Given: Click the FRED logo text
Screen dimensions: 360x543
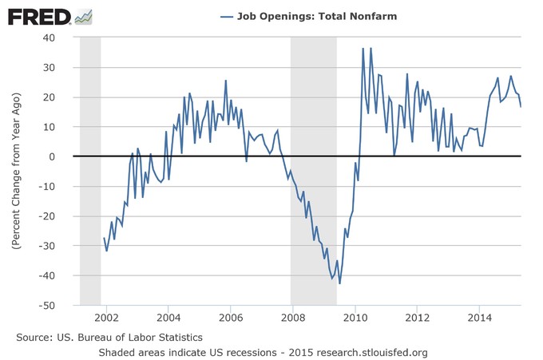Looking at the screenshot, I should coord(38,16).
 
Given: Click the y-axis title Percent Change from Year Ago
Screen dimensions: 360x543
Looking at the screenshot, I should coord(17,172).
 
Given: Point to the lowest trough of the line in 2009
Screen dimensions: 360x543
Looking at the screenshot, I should coord(340,283).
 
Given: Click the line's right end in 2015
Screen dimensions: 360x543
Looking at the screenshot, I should coord(521,106).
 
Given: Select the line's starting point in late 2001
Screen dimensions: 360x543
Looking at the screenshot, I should coord(104,238).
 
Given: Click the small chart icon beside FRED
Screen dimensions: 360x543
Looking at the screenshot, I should coord(81,15).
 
